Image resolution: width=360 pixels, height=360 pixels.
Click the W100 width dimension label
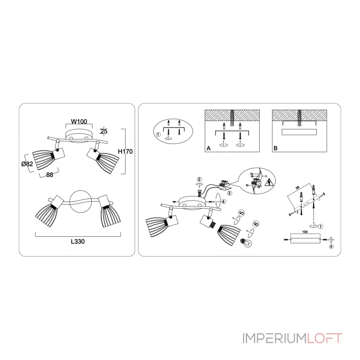pyautogui.click(x=79, y=121)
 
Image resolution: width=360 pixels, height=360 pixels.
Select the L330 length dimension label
pyautogui.click(x=78, y=241)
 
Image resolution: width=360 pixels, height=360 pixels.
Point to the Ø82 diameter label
pyautogui.click(x=27, y=164)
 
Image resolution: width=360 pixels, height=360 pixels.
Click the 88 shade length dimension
pyautogui.click(x=44, y=176)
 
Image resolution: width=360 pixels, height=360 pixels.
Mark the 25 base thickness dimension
pyautogui.click(x=104, y=131)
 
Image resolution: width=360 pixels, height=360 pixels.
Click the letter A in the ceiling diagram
pyautogui.click(x=208, y=148)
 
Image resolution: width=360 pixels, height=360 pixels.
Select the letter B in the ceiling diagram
pyautogui.click(x=275, y=148)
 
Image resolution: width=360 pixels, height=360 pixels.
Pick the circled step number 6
pyautogui.click(x=256, y=224)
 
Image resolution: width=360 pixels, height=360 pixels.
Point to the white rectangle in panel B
pyautogui.click(x=299, y=132)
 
